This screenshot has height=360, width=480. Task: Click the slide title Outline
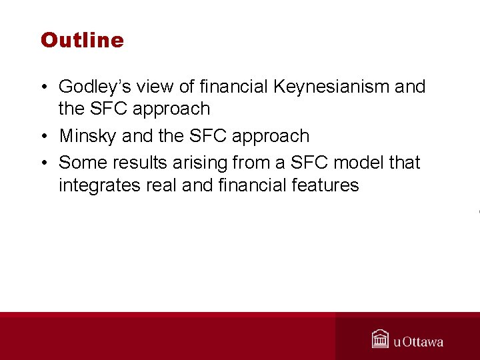(x=82, y=40)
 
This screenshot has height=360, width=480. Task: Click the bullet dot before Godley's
(x=43, y=87)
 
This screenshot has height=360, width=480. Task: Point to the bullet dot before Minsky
(x=43, y=137)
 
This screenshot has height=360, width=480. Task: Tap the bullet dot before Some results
(x=43, y=163)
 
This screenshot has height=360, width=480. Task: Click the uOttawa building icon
(x=381, y=339)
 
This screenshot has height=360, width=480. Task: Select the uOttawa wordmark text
(x=418, y=342)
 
